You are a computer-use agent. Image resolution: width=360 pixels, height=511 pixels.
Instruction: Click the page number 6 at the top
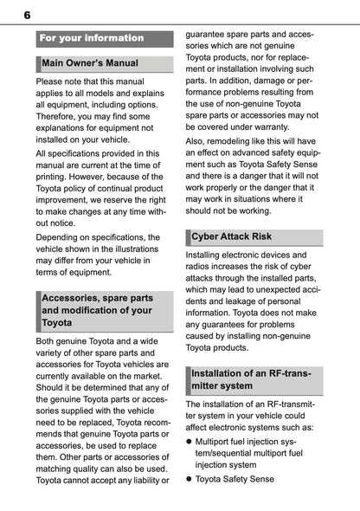tap(27, 15)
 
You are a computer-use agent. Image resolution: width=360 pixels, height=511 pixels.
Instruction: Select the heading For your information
tap(92, 38)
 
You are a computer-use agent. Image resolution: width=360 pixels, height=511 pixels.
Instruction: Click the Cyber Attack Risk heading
tap(231, 236)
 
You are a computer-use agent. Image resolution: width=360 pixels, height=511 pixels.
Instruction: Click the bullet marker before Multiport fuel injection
tap(190, 441)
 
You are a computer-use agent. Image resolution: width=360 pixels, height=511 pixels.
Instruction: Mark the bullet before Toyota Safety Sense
tap(190, 478)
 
